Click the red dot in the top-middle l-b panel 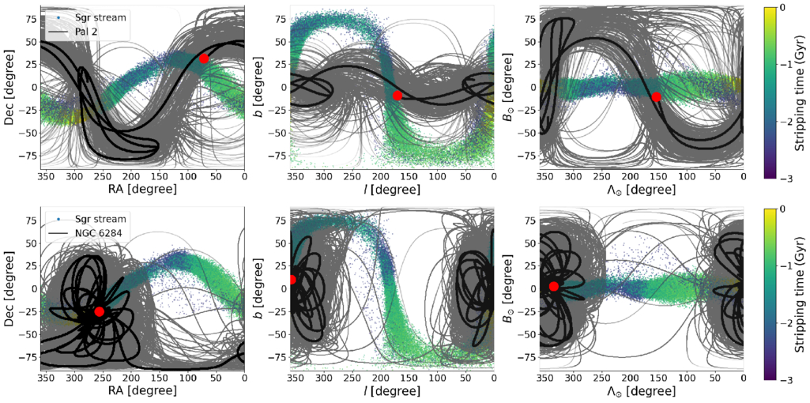click(x=397, y=95)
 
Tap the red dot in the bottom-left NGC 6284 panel click(x=100, y=311)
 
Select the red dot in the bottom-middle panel click(x=292, y=280)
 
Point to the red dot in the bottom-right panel click(x=554, y=286)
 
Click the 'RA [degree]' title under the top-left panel click(x=142, y=190)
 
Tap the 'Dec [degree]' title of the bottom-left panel click(x=9, y=288)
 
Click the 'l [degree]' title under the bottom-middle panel click(x=392, y=391)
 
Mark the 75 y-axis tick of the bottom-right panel click(x=529, y=220)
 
